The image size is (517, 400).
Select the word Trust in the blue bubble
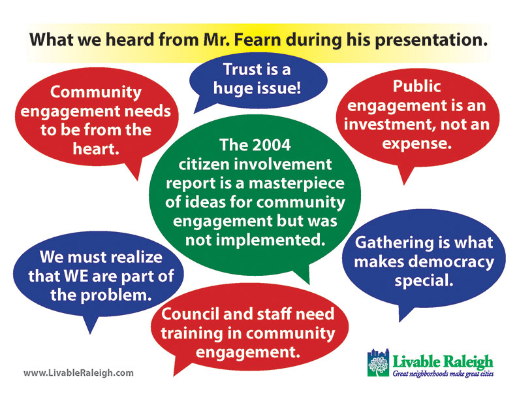pos(242,69)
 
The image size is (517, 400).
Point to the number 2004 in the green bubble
pos(274,145)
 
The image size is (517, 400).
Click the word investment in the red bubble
pos(386,125)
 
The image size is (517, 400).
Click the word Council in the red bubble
pos(190,314)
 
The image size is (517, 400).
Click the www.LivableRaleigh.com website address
pos(78,373)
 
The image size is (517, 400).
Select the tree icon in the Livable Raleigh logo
pos(378,363)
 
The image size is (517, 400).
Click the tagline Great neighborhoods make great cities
pos(443,374)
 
